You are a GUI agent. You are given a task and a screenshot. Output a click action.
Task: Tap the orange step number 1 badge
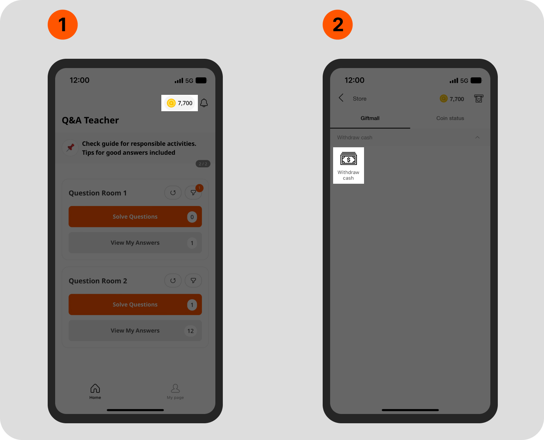point(63,25)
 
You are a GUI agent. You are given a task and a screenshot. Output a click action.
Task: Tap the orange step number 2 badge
point(337,25)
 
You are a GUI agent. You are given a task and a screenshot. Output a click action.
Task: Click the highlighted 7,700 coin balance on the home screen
point(180,103)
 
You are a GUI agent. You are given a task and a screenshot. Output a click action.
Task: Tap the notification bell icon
point(204,103)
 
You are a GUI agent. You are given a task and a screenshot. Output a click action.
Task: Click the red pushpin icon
point(70,148)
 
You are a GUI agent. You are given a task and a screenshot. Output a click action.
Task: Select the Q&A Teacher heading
point(90,120)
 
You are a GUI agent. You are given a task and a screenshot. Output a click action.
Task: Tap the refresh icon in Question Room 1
point(173,193)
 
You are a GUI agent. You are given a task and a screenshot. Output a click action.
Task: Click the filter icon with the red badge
point(193,193)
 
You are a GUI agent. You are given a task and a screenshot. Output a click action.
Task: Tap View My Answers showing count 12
point(135,330)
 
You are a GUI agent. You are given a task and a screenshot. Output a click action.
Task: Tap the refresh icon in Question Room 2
point(173,281)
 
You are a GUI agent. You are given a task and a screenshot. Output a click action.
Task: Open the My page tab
point(175,391)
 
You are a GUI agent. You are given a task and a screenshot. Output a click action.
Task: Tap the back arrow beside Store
point(341,98)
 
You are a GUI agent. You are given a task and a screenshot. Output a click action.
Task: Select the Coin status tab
point(450,118)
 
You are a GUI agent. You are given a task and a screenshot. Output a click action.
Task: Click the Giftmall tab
point(370,118)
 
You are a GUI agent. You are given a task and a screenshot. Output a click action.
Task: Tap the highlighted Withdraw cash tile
point(348,166)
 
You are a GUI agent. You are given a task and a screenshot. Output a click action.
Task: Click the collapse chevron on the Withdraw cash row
point(477,137)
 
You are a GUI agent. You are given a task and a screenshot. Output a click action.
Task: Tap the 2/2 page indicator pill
point(203,164)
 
